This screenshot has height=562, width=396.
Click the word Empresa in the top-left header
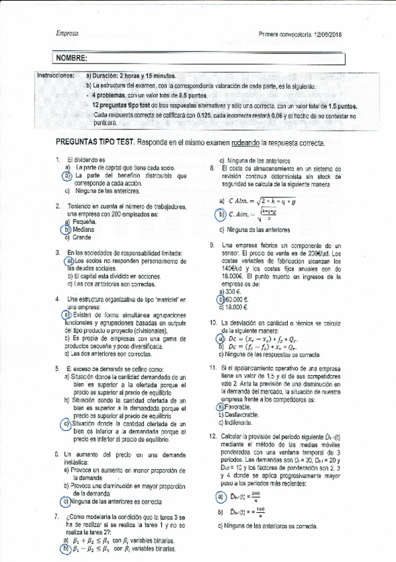(67, 34)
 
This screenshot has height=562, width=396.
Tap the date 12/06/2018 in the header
(326, 34)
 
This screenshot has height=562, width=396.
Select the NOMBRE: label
(71, 59)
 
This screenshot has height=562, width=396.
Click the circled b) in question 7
(66, 549)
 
